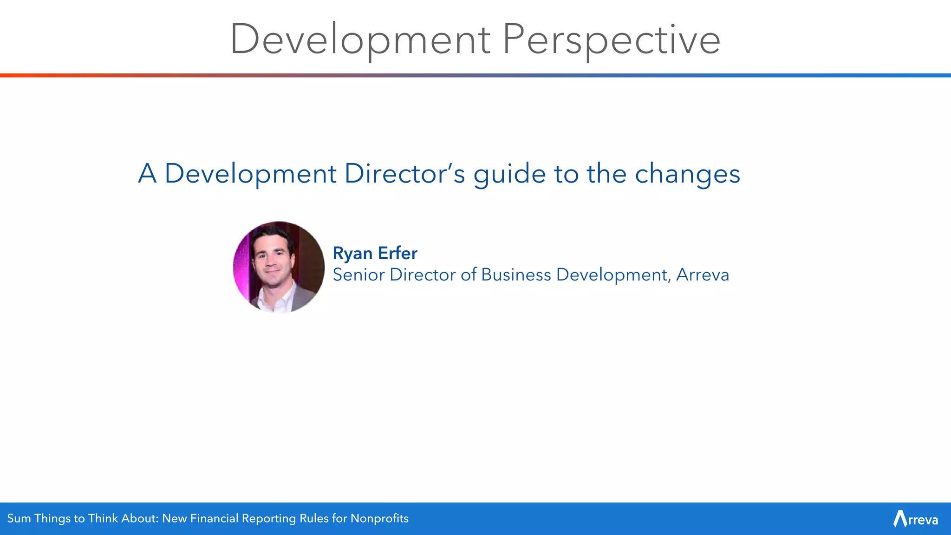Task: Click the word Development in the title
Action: (x=360, y=40)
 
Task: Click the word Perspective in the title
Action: (x=612, y=40)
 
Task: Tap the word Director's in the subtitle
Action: (x=404, y=174)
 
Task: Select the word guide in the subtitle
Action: (x=510, y=175)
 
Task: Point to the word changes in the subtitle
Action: (x=687, y=175)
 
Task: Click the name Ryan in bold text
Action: (x=353, y=254)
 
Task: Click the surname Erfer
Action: (x=397, y=253)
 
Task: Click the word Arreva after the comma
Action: (x=703, y=275)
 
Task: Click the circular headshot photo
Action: (x=279, y=267)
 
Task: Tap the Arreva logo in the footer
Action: (x=915, y=519)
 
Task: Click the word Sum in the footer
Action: (x=19, y=518)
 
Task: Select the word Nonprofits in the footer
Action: (x=379, y=518)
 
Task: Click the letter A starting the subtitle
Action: (x=147, y=174)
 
